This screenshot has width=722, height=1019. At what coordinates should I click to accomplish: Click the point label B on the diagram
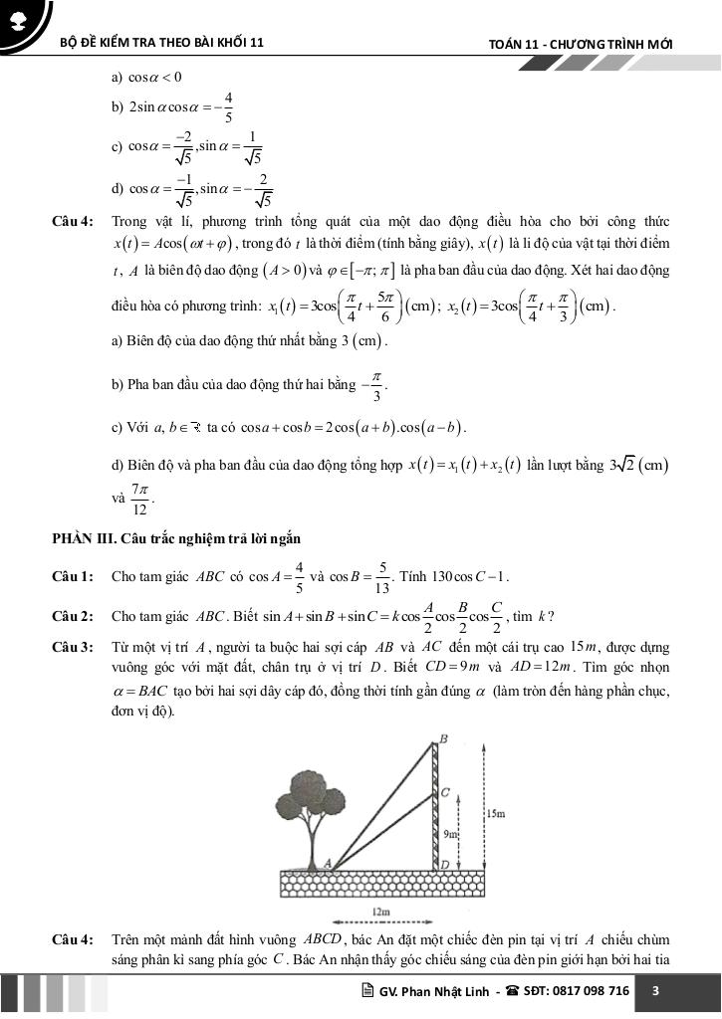(444, 738)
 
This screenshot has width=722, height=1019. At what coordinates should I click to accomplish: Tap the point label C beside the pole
(445, 793)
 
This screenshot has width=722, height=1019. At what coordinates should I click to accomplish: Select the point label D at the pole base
(444, 866)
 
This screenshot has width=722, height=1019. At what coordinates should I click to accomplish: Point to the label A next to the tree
(327, 864)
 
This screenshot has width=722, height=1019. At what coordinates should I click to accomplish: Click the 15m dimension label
(498, 814)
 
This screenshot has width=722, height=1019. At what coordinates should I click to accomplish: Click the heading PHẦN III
(85, 539)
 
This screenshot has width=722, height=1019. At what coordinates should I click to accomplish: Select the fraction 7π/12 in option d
(139, 500)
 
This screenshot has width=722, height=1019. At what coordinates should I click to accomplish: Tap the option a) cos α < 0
(147, 77)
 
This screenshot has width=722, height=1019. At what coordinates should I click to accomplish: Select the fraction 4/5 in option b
(229, 106)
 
